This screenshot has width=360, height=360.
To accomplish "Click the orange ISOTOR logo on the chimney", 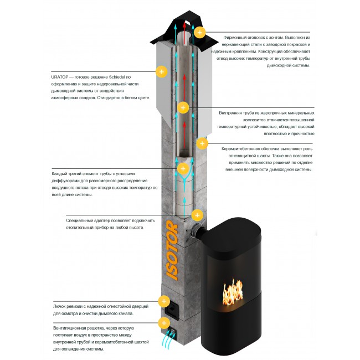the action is [172, 250].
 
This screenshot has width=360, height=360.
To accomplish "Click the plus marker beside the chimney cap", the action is [200, 32].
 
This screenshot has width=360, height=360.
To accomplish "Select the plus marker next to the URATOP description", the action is [162, 71].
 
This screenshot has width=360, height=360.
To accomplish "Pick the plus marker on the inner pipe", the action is [183, 107].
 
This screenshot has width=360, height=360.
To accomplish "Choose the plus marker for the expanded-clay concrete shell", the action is [202, 143].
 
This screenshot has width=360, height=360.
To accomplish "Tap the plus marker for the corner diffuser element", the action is [183, 169].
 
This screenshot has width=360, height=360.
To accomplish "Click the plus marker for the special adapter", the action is [197, 215].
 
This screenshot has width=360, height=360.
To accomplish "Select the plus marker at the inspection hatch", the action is [164, 301].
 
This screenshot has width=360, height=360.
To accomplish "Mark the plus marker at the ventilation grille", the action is [164, 323].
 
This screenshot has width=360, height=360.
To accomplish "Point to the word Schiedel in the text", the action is [117, 77].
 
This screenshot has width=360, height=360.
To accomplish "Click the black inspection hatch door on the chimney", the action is [172, 311].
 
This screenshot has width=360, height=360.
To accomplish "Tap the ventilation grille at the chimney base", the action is [172, 333].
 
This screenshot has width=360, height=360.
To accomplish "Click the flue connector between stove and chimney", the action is [196, 230].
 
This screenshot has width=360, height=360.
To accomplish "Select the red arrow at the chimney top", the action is [184, 33].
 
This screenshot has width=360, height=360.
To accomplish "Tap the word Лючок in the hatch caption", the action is [60, 306].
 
